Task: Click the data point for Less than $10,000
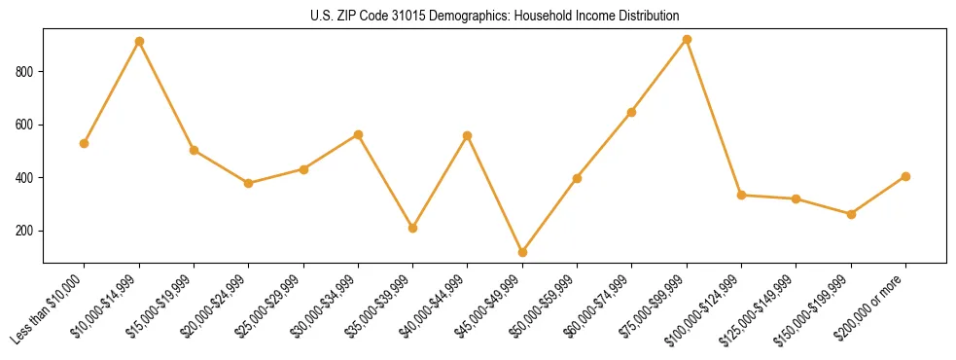pyautogui.click(x=85, y=143)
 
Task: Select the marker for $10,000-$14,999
pyautogui.click(x=139, y=41)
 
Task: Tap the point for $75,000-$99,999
pyautogui.click(x=687, y=39)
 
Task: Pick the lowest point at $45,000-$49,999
pyautogui.click(x=522, y=252)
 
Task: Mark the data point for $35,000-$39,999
pyautogui.click(x=413, y=228)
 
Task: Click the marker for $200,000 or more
pyautogui.click(x=905, y=176)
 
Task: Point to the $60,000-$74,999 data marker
pyautogui.click(x=632, y=112)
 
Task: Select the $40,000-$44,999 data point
pyautogui.click(x=468, y=135)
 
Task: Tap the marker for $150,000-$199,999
pyautogui.click(x=851, y=214)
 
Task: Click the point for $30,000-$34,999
pyautogui.click(x=358, y=134)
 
